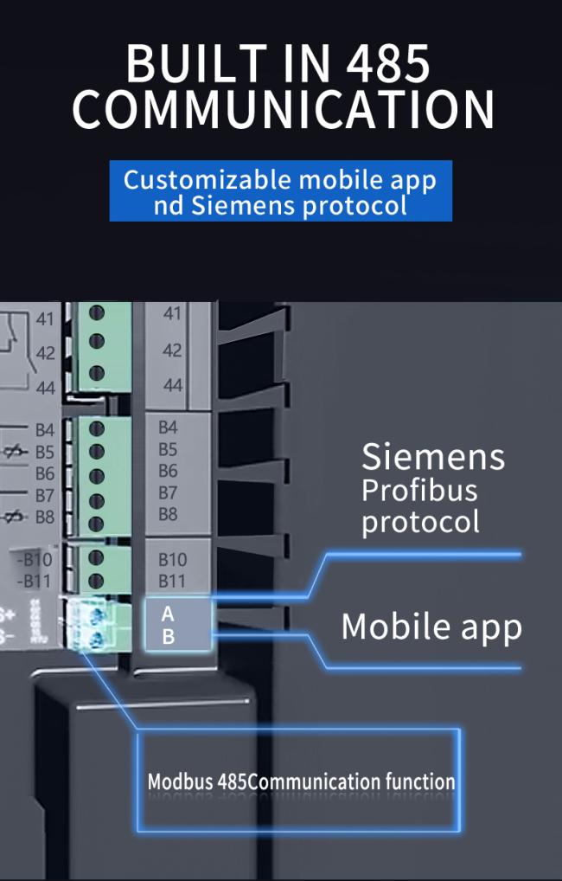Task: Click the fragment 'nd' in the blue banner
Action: pos(167,206)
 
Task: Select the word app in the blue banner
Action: pos(410,182)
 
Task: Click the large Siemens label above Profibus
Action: pos(432,457)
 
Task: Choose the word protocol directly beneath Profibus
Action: pos(419,523)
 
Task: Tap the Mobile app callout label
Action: pos(431,627)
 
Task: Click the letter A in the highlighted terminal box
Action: pos(168,614)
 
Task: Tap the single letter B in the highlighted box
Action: pos(169,637)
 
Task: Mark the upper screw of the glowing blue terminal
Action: pos(96,615)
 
